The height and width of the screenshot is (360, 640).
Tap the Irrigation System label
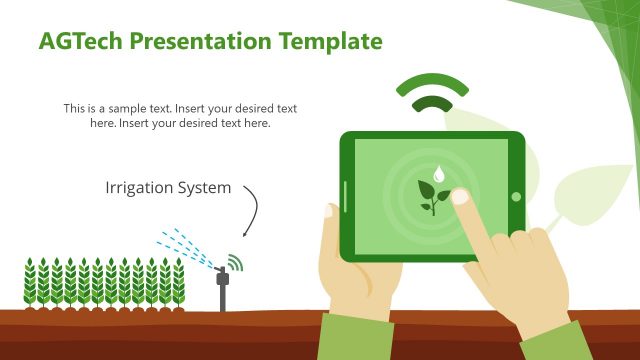(x=167, y=187)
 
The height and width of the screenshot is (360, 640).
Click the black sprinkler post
(x=222, y=291)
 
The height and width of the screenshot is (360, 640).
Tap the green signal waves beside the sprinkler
(x=236, y=263)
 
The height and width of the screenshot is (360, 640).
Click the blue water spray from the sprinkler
(x=185, y=244)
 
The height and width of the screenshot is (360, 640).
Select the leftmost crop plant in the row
(x=30, y=283)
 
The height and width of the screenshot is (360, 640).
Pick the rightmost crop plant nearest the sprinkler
(x=179, y=283)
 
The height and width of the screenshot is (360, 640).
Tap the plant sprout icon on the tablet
(x=432, y=196)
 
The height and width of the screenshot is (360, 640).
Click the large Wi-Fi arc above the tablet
(x=432, y=84)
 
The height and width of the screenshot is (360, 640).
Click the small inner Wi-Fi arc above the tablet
(x=432, y=104)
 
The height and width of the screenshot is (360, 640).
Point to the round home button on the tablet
(x=516, y=196)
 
